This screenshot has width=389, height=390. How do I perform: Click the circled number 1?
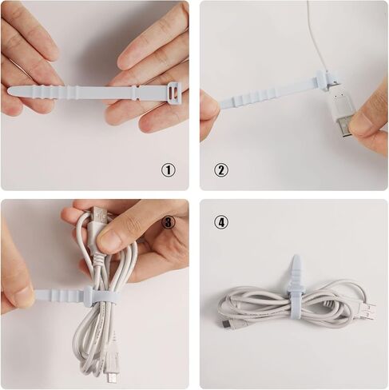pyautogui.click(x=168, y=169)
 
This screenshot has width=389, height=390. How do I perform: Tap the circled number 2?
pyautogui.click(x=221, y=169)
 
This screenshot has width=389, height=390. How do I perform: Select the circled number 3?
pyautogui.click(x=169, y=221)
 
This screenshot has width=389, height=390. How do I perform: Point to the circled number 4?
pyautogui.click(x=221, y=221)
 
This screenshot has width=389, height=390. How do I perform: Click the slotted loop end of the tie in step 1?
pyautogui.click(x=173, y=94)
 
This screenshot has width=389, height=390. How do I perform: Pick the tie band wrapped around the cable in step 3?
pyautogui.click(x=100, y=298)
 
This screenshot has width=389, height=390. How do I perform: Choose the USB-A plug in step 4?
pyautogui.click(x=364, y=309)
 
